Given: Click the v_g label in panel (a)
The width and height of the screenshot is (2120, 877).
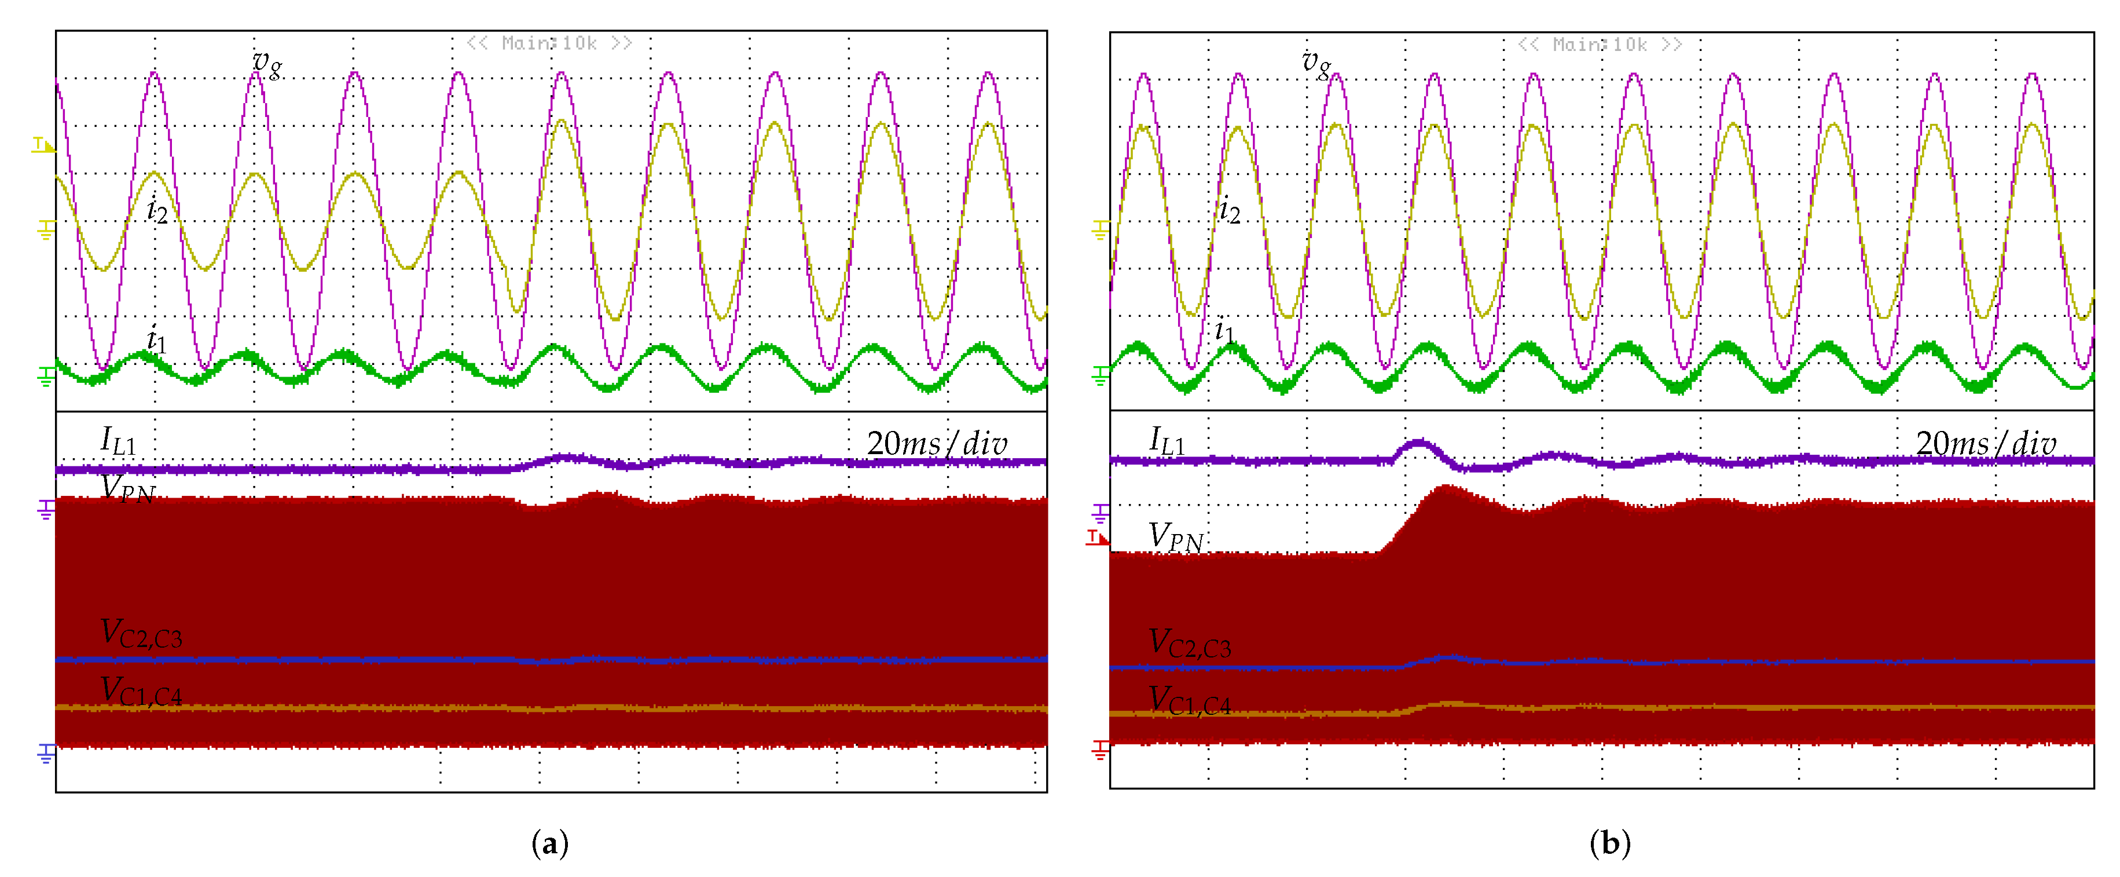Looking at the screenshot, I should click(267, 63).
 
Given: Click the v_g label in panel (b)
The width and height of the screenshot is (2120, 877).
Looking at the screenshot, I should click(1316, 63).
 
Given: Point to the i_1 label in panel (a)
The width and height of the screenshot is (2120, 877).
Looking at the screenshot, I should click(156, 340).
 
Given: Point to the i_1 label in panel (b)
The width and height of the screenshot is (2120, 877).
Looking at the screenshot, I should click(1224, 332).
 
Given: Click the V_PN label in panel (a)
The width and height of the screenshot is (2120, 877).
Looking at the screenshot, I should click(127, 489).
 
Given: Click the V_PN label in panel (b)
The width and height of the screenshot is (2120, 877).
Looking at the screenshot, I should click(1176, 537).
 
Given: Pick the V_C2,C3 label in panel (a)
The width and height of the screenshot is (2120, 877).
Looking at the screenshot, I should click(141, 634).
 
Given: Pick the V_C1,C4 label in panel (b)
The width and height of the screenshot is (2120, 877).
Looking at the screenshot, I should click(1189, 701).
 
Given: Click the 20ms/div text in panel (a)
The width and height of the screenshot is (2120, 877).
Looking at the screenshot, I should click(937, 444).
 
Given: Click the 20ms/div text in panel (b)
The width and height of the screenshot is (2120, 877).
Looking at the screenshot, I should click(1986, 444).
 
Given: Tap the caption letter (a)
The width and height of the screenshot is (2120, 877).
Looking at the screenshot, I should click(550, 843).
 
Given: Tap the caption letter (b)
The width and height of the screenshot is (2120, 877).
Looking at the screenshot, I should click(1610, 843).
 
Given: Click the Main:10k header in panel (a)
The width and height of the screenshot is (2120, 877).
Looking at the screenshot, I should click(549, 43).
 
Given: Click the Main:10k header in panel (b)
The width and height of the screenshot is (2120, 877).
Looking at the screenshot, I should click(1599, 45).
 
